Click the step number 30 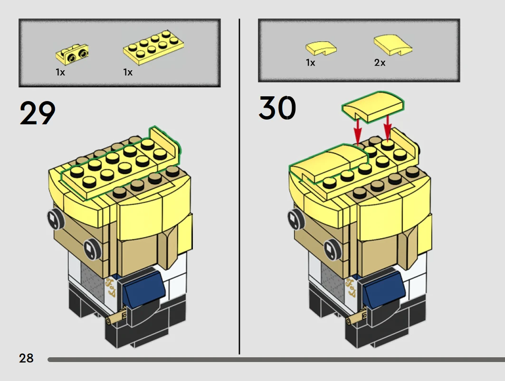click(x=277, y=109)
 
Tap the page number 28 click(x=26, y=358)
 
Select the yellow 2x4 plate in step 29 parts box click(x=153, y=47)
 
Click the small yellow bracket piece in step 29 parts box click(x=73, y=54)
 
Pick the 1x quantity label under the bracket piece click(x=60, y=72)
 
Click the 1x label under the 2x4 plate click(x=128, y=72)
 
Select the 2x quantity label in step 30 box click(x=380, y=63)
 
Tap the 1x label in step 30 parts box click(x=310, y=63)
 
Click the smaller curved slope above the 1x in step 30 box click(x=321, y=48)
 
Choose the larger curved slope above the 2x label click(x=392, y=45)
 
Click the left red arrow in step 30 click(x=358, y=130)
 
